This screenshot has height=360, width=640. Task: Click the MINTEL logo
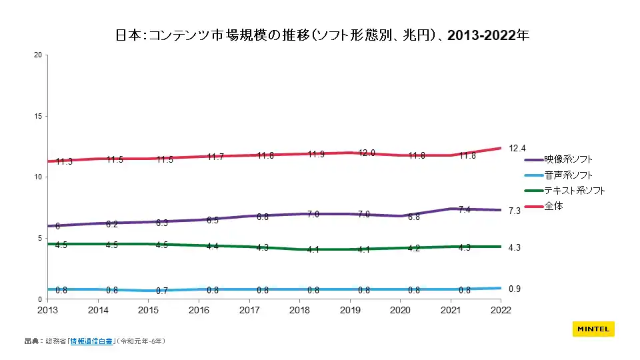593,329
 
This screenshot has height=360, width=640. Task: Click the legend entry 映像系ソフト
568,159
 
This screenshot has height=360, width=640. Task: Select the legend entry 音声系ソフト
568,175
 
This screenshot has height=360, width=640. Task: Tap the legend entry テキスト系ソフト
574,191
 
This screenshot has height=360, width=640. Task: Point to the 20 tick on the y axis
38,55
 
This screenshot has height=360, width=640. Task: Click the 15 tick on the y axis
38,116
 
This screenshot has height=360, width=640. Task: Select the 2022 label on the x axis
500,310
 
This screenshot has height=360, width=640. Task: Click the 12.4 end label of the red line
517,148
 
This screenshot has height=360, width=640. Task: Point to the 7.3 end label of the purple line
515,211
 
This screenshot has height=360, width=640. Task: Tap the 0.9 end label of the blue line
515,289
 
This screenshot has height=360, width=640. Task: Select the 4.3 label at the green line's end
515,248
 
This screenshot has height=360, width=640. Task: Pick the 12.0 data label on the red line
365,153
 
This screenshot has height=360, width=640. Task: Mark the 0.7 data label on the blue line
162,291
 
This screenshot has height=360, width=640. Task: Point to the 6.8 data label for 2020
414,217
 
